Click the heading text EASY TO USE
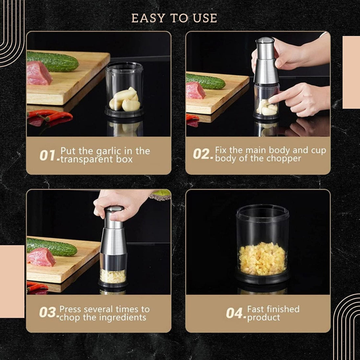point(174,18)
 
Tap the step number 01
point(47,155)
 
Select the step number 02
point(201,154)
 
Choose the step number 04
point(234,313)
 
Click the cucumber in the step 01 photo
point(53,61)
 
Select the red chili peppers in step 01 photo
point(50,116)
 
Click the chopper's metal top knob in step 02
point(265,41)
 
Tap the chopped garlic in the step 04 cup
point(262,259)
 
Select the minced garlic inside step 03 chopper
point(113,276)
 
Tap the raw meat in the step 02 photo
point(196,90)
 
